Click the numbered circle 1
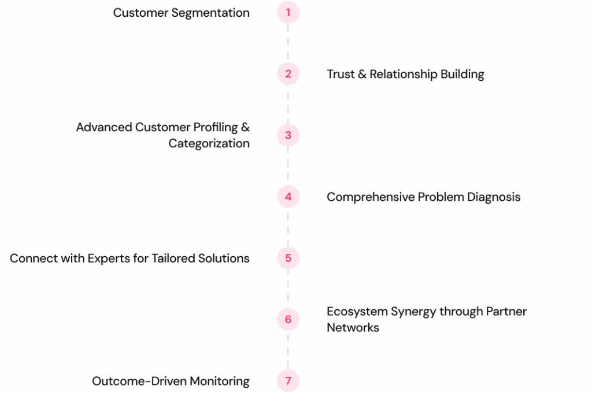point(288,12)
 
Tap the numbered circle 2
point(288,74)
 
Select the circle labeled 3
point(288,135)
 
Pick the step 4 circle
point(288,197)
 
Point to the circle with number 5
point(288,258)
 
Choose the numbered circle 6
point(288,319)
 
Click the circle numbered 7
point(288,381)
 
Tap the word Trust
point(340,74)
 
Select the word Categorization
point(209,143)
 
